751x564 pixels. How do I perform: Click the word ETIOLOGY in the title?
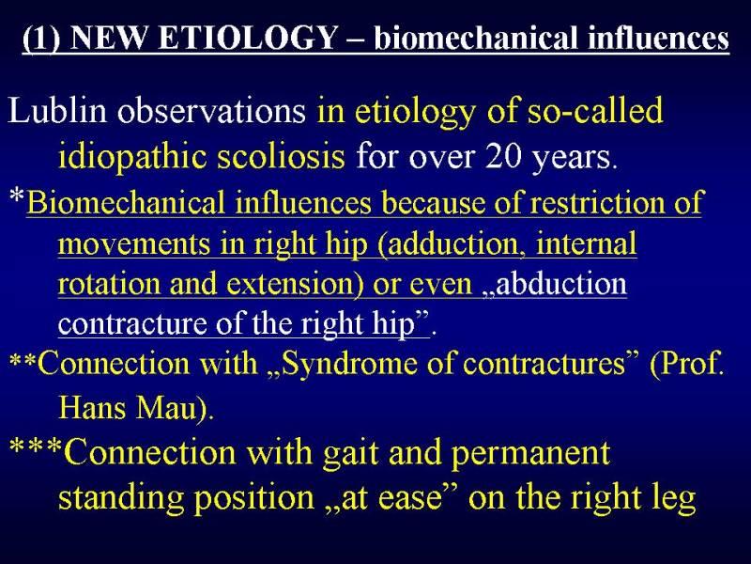pos(247,37)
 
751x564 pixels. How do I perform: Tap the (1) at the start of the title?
pos(41,39)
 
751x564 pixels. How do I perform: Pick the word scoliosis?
pos(281,156)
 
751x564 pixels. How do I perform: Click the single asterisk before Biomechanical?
pos(17,196)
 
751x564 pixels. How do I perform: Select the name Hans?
pos(91,408)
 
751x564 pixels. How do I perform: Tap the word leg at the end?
pos(674,500)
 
